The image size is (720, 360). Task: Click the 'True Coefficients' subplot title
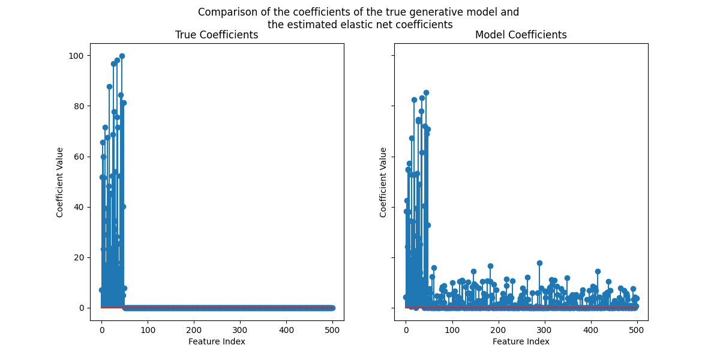(x=217, y=35)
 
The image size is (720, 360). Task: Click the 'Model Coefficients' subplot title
(x=521, y=35)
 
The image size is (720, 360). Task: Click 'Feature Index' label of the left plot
(x=217, y=341)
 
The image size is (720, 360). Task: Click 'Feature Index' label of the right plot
(x=521, y=341)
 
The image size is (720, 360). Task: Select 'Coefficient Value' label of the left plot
(x=60, y=182)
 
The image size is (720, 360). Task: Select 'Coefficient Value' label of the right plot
(x=383, y=182)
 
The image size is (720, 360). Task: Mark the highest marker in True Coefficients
(x=122, y=56)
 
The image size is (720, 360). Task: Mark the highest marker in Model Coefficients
(x=426, y=93)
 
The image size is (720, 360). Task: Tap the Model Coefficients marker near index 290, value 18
(x=539, y=263)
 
